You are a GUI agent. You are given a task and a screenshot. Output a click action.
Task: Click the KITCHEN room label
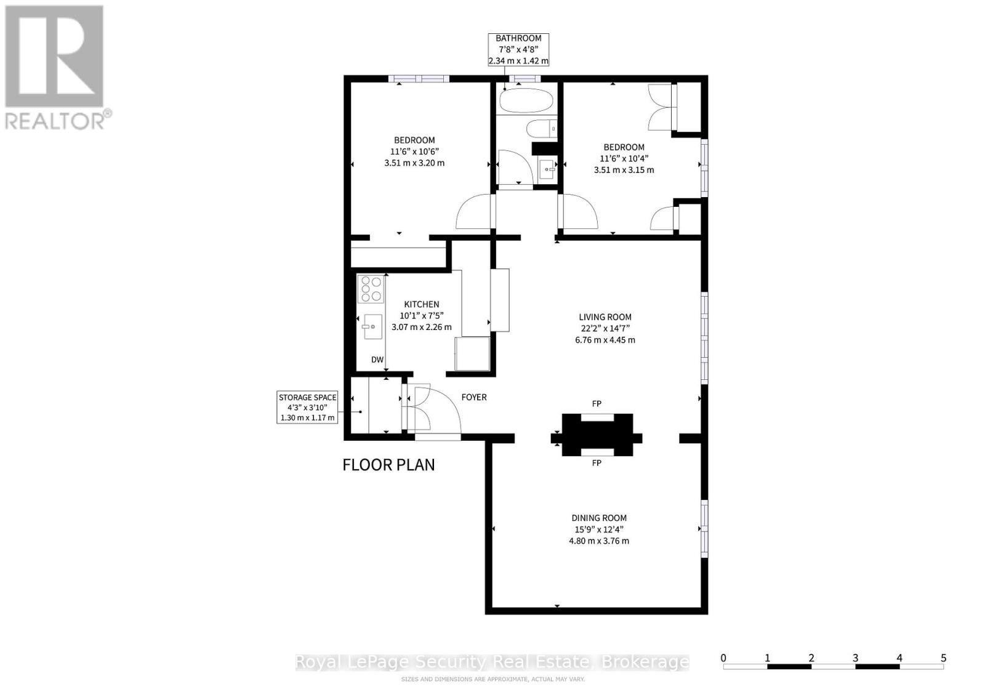point(421,304)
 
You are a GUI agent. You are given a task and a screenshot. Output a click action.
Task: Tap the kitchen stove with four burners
point(371,289)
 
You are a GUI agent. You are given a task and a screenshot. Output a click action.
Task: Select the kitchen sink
point(372,326)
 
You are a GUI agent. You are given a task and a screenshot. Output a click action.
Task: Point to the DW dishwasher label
point(377,360)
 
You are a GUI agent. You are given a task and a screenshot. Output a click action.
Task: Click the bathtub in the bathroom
point(526,101)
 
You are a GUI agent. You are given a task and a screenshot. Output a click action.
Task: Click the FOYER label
point(474,397)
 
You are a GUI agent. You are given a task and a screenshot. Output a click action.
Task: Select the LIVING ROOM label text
point(605,317)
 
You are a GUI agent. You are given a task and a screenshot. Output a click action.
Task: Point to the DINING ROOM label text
point(599,518)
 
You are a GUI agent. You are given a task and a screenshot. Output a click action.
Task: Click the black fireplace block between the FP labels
point(597,435)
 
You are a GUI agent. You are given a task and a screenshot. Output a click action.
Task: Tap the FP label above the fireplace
point(597,404)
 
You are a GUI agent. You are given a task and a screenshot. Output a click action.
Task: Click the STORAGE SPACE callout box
point(308,408)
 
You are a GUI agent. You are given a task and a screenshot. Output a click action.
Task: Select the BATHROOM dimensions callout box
point(518,49)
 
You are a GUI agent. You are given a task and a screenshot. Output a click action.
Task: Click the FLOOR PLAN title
point(388,465)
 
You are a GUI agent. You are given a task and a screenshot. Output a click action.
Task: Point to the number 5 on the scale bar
point(943,658)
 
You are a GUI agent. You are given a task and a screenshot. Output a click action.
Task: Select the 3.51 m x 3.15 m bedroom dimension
point(624,170)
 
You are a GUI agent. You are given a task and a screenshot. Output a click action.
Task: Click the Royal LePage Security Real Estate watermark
point(492,662)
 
